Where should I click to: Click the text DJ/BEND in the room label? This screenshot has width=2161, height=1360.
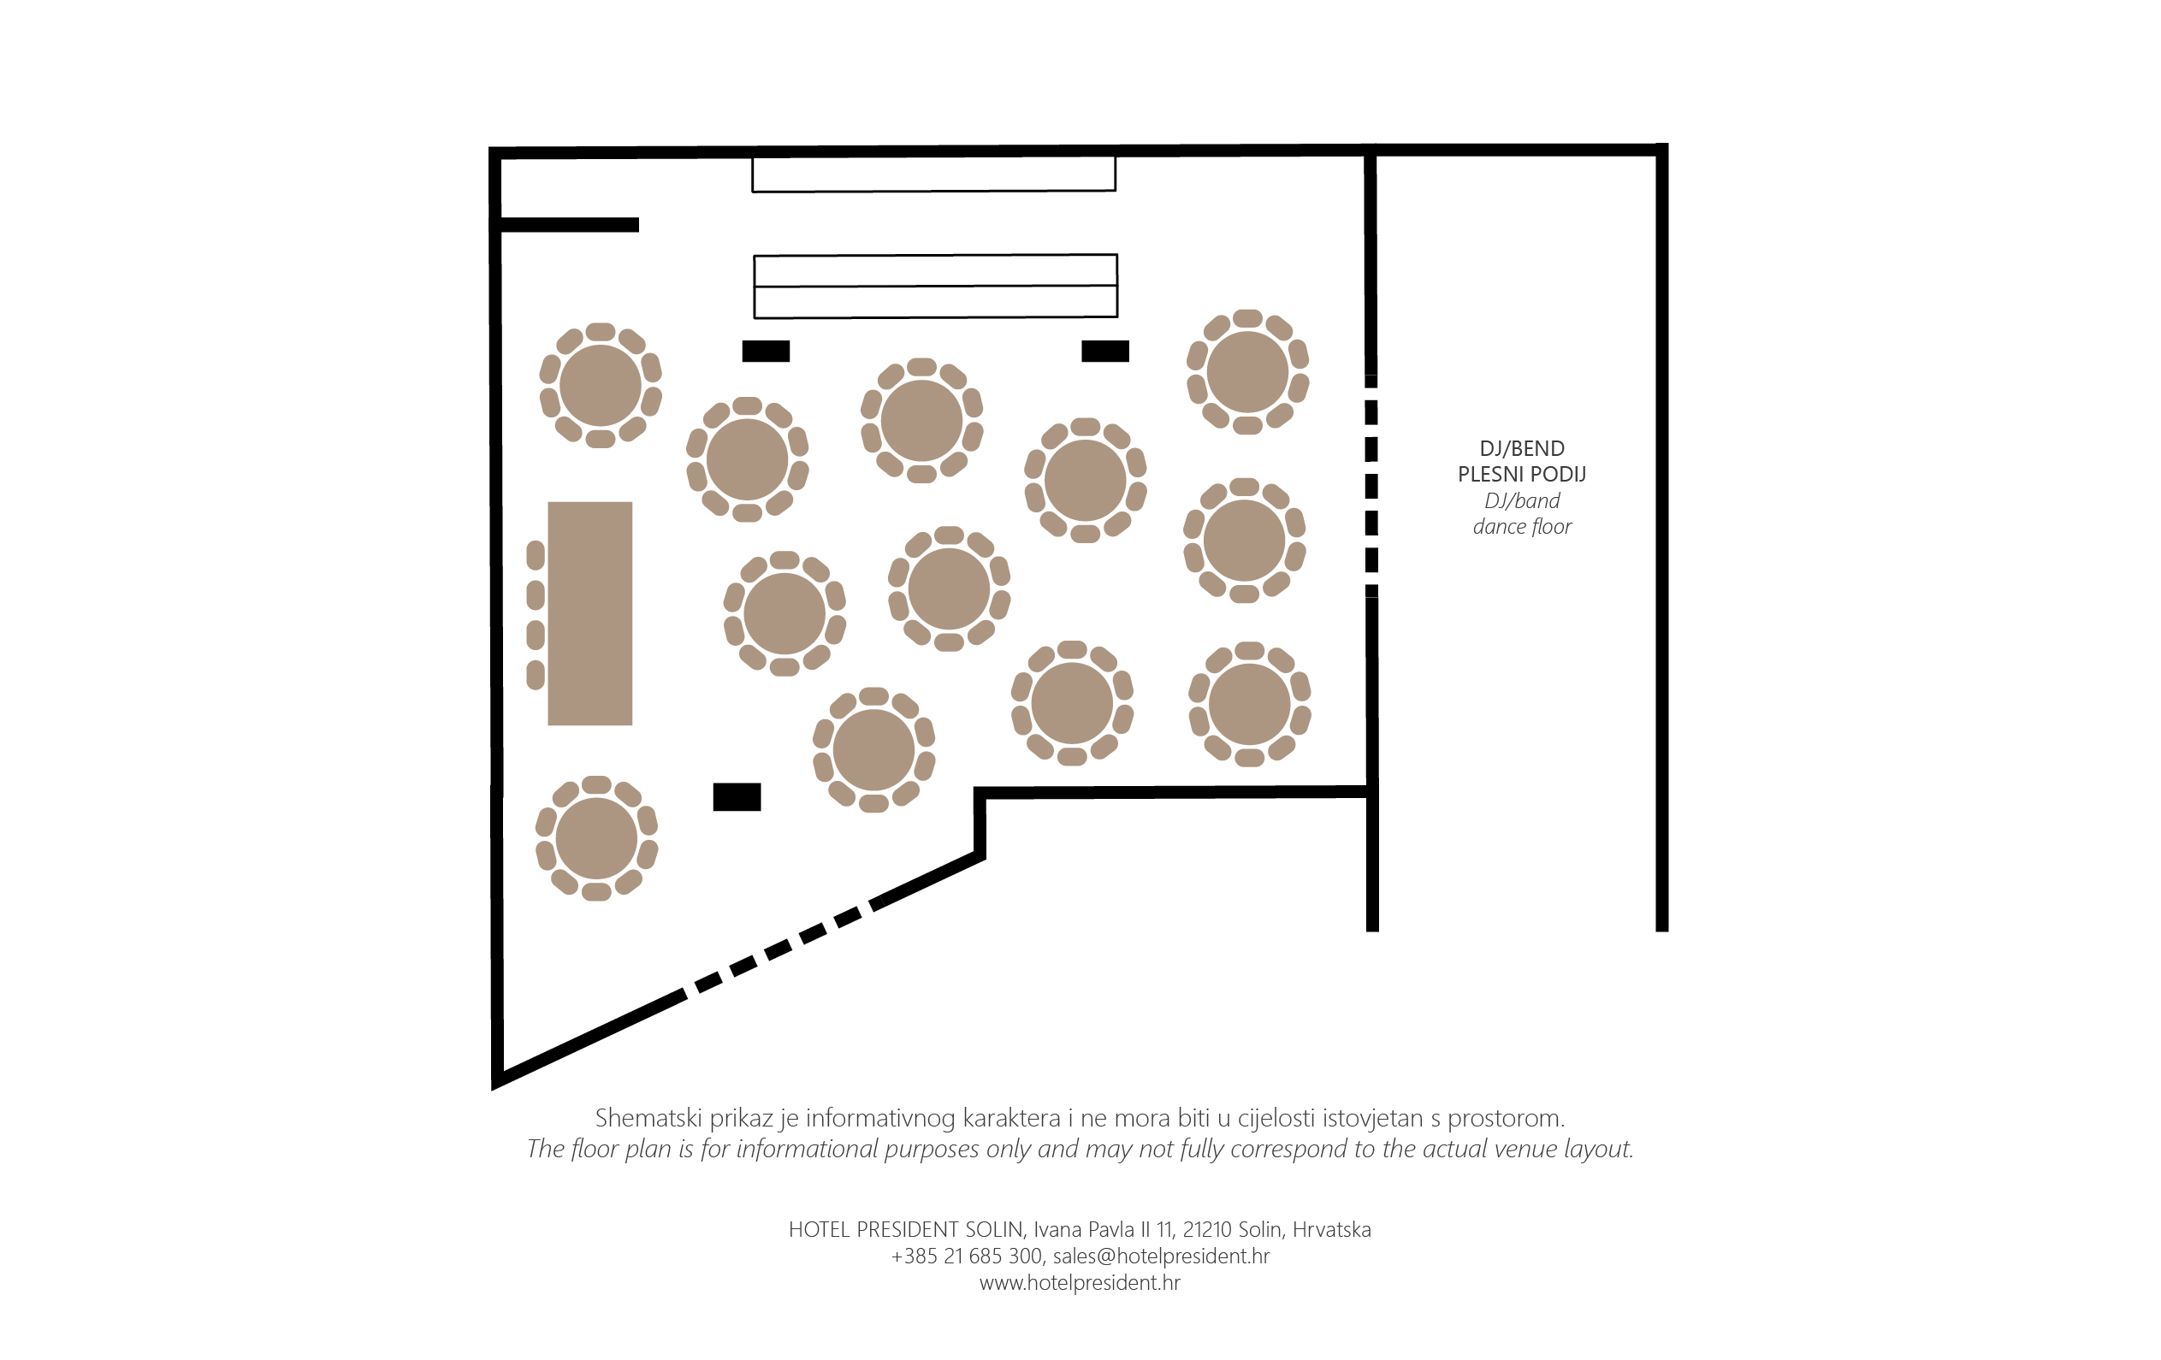(1522, 448)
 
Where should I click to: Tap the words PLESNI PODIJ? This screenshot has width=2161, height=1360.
(1522, 474)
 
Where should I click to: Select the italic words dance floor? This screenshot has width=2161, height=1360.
(1522, 527)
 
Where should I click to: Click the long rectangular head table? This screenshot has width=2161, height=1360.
(589, 612)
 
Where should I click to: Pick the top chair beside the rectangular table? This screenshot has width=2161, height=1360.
(536, 555)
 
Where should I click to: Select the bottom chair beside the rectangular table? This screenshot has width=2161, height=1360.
(536, 675)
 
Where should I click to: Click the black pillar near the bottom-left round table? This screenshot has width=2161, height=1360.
(737, 796)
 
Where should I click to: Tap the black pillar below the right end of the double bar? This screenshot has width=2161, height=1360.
(1104, 351)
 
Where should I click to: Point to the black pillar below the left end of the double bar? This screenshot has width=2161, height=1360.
(766, 351)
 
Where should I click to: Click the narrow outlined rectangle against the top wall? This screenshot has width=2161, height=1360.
(933, 174)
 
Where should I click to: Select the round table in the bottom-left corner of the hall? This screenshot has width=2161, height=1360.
(597, 839)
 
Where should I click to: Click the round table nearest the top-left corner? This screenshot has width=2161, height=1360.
(601, 386)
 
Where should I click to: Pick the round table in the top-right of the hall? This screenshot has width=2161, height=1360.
(1247, 372)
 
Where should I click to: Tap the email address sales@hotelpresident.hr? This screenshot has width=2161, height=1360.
(1161, 1256)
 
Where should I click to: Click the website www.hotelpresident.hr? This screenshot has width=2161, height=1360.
(1080, 1283)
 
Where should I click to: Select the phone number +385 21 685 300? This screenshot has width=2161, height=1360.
(967, 1256)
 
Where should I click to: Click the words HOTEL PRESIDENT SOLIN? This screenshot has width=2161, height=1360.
(905, 1229)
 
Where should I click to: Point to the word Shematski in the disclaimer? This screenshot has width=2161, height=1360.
(648, 1118)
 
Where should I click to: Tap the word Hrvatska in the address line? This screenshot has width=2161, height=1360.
(1332, 1229)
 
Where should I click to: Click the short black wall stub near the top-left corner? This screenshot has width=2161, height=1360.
(569, 224)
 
